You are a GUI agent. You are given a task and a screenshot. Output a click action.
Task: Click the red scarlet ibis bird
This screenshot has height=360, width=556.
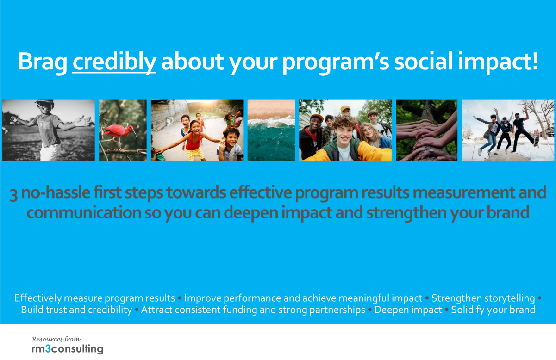point(119,136)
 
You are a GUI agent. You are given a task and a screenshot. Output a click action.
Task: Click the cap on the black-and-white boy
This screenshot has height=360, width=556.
point(45,102)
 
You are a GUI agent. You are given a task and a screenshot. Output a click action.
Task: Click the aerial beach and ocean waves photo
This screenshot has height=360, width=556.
point(271,130)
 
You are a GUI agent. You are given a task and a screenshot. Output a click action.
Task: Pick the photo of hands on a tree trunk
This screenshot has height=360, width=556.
point(426,130)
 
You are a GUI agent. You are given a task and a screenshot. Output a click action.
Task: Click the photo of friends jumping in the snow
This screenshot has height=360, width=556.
point(508,130)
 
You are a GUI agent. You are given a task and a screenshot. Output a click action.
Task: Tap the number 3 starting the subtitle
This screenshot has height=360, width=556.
point(13,194)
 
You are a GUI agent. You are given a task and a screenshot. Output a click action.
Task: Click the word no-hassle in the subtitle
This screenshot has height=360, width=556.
point(56,193)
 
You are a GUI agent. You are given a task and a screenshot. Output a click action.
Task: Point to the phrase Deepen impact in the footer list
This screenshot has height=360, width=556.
point(408,310)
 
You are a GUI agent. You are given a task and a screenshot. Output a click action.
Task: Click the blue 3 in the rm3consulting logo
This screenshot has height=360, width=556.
point(48,349)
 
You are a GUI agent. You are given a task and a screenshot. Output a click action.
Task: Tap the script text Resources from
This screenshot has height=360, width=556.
point(56,339)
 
